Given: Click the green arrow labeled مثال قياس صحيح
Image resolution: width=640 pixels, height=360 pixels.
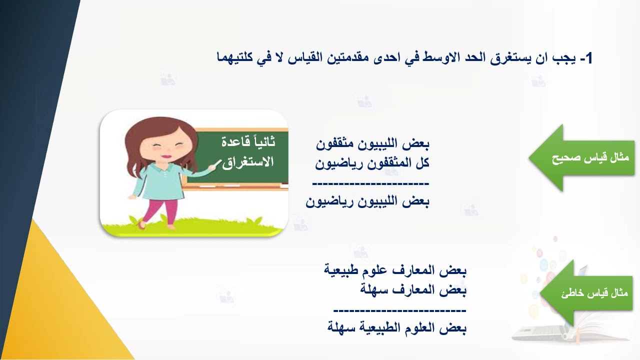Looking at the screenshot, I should tap(582, 158).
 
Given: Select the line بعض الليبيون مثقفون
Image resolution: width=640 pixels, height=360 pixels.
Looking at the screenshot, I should tap(373, 144).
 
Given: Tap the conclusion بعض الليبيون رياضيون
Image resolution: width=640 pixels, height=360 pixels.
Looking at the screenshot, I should tap(367, 202).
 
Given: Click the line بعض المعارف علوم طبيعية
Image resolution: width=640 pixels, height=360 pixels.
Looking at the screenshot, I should tap(395, 271).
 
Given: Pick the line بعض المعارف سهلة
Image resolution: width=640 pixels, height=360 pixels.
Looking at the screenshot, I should tap(413, 290).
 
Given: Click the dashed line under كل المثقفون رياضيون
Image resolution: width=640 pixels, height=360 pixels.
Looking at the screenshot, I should tap(370, 183).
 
